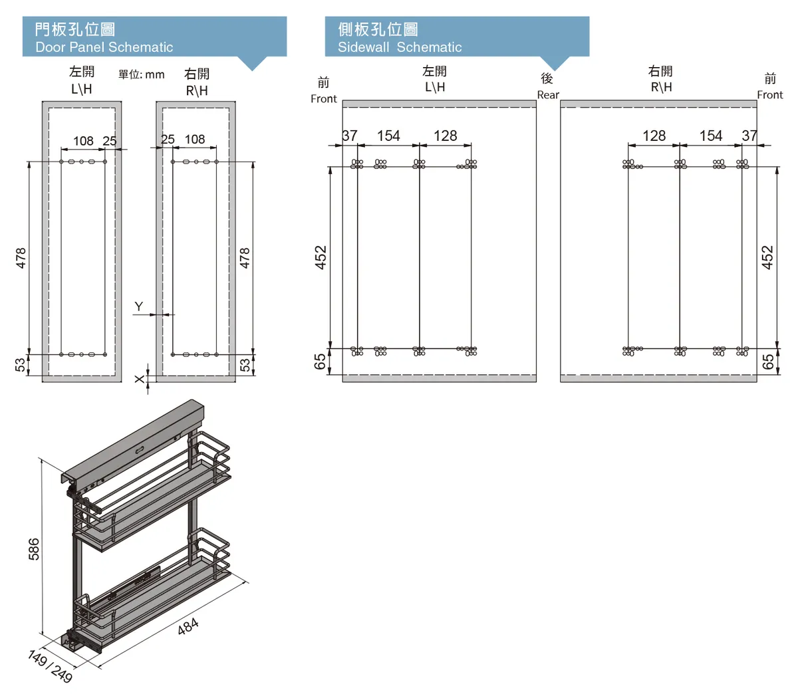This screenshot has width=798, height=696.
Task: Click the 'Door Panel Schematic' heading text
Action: click(x=104, y=47)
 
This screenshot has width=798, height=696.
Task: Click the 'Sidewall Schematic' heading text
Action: click(x=399, y=47)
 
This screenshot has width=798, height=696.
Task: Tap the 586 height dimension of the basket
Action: click(x=34, y=548)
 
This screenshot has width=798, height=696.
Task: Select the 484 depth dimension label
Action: click(x=188, y=626)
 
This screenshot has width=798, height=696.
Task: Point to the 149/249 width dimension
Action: click(x=51, y=667)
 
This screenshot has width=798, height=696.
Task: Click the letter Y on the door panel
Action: click(x=138, y=306)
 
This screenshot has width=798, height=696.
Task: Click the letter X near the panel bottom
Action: click(x=139, y=379)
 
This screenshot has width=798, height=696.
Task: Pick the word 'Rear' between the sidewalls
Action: click(x=548, y=95)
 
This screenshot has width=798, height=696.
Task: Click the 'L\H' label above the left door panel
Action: click(x=82, y=89)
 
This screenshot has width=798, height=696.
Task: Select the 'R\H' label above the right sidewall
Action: click(x=661, y=87)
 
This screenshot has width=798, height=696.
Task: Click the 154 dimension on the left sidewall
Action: click(x=388, y=136)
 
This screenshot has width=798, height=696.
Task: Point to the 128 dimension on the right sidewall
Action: click(x=654, y=136)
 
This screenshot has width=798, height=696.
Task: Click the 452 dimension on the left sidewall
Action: click(x=321, y=257)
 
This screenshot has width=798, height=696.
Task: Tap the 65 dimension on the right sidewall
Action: click(x=768, y=362)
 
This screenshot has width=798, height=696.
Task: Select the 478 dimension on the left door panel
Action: click(x=21, y=258)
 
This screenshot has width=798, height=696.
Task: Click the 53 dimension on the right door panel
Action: click(x=245, y=365)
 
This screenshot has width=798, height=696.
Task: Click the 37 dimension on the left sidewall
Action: click(x=350, y=136)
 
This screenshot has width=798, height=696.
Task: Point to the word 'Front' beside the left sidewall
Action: click(x=323, y=99)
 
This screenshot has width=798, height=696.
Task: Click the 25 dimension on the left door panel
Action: click(x=110, y=141)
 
